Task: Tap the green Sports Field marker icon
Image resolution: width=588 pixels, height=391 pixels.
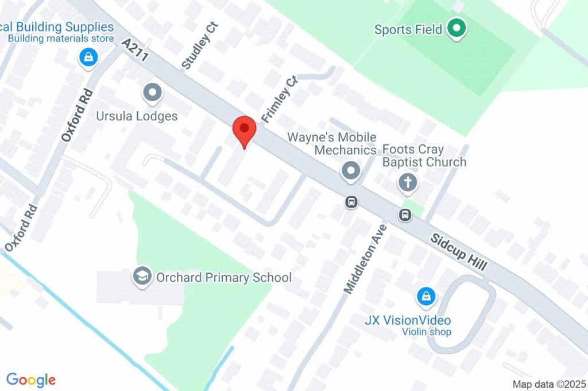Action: (456, 28)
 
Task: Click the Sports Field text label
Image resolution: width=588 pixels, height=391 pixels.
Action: (408, 29)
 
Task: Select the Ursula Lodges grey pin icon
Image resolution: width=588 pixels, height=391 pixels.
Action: (152, 92)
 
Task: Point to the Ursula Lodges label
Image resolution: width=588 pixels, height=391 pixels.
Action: (137, 116)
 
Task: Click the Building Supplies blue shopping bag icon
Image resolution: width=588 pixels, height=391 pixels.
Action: (88, 57)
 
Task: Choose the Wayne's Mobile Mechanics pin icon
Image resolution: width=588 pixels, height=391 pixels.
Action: (351, 170)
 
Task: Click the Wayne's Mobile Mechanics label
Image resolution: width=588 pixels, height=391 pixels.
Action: (332, 144)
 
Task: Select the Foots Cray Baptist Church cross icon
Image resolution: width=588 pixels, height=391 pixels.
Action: (408, 183)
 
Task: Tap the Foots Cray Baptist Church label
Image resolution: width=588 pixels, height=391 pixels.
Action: (424, 156)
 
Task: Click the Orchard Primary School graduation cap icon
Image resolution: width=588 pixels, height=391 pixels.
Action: (141, 276)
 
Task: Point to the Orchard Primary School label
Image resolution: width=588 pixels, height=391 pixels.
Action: (224, 278)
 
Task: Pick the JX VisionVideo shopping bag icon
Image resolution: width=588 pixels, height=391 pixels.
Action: (425, 297)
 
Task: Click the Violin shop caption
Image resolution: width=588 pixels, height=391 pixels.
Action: (426, 332)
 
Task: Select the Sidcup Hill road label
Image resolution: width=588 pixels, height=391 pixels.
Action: (459, 252)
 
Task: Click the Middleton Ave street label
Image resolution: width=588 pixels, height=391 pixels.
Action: (365, 259)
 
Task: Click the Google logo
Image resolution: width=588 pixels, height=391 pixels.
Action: (31, 379)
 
